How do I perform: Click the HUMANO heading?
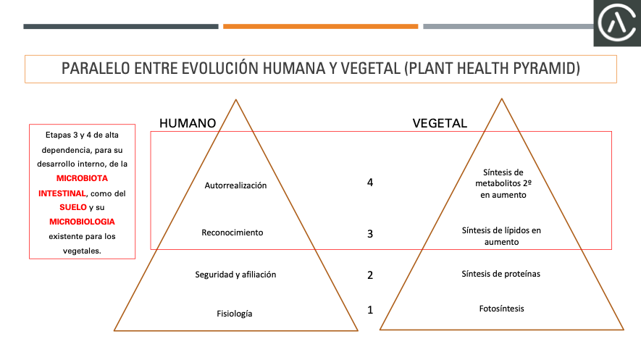tap(188, 123)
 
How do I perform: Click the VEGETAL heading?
tap(440, 123)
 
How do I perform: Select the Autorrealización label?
tap(235, 185)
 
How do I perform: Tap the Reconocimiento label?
tap(232, 233)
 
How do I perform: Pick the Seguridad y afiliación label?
tap(235, 275)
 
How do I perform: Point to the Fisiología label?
tap(234, 314)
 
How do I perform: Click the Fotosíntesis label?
tap(502, 309)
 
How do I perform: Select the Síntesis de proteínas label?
tap(500, 274)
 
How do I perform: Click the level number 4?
tap(370, 183)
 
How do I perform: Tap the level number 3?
tap(370, 234)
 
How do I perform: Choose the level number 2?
tap(370, 275)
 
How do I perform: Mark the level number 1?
tap(370, 310)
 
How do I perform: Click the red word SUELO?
tap(73, 207)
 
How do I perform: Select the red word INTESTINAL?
tap(62, 193)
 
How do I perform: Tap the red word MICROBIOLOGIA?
tap(82, 222)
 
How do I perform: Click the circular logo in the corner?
tap(617, 22)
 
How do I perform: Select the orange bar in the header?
tap(320, 27)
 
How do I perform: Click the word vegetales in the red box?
tap(81, 251)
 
